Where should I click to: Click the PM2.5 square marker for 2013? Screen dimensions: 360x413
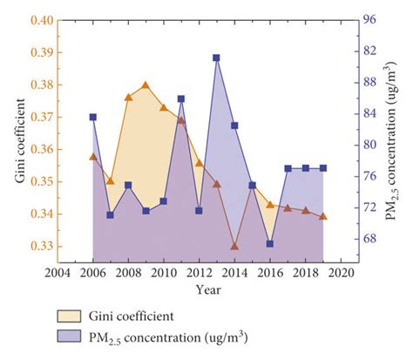(x=216, y=58)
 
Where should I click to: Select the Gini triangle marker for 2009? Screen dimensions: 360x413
(x=146, y=85)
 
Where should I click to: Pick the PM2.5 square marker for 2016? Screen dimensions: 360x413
(x=270, y=244)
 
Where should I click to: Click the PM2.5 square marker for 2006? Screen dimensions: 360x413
(x=92, y=117)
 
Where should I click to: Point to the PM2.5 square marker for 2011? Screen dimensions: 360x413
(x=181, y=99)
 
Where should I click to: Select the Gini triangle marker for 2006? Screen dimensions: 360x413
(x=92, y=157)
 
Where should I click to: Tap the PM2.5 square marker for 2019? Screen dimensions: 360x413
(x=323, y=168)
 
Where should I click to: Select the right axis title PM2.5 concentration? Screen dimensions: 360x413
(x=394, y=139)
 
